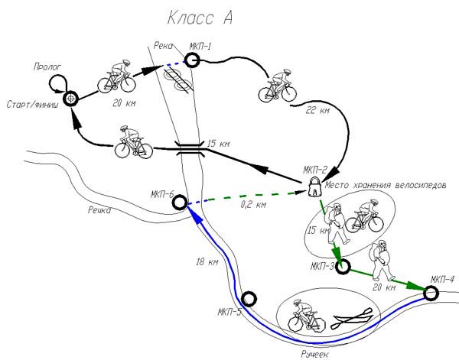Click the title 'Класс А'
(200, 18)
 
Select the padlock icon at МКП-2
(315, 187)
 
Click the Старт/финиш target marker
(71, 99)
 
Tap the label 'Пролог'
(47, 67)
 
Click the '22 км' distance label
(317, 110)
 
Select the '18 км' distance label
(207, 261)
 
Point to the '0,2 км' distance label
(253, 204)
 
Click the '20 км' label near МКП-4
(384, 287)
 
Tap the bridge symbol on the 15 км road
(190, 148)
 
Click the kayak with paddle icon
(352, 319)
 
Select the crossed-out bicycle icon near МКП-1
(179, 79)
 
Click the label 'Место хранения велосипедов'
(386, 185)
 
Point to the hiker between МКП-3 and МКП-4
(380, 261)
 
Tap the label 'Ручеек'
(314, 355)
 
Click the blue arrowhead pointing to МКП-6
(196, 216)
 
